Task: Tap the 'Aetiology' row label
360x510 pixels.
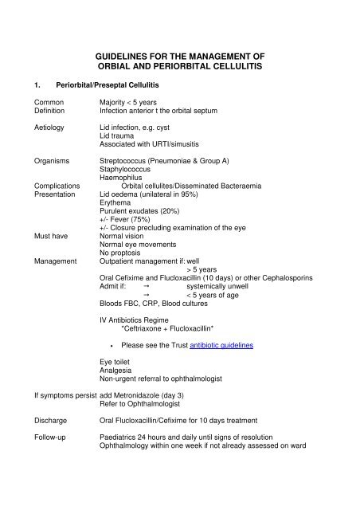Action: click(50, 127)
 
